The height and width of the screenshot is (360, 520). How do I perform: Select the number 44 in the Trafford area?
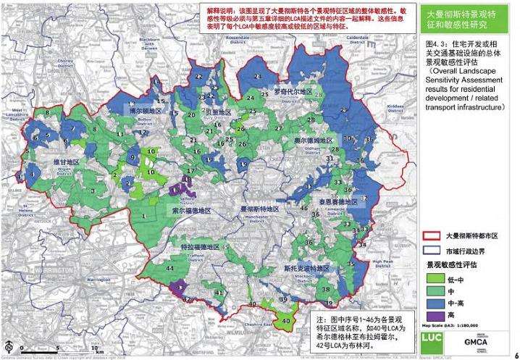pos(169,269)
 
